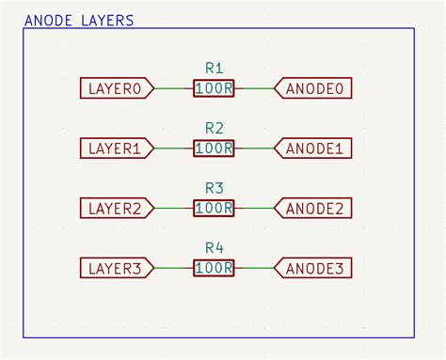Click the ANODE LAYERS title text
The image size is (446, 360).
pyautogui.click(x=79, y=20)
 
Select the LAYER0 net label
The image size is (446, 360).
pyautogui.click(x=115, y=88)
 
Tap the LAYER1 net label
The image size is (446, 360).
pyautogui.click(x=115, y=149)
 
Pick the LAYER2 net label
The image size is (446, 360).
pyautogui.click(x=115, y=209)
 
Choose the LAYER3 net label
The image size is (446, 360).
pyautogui.click(x=115, y=269)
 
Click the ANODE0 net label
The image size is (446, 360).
pyautogui.click(x=314, y=88)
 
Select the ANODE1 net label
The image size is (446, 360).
pyautogui.click(x=314, y=149)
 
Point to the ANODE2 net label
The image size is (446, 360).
pyautogui.click(x=314, y=209)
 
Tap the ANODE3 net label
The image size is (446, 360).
pyautogui.click(x=314, y=269)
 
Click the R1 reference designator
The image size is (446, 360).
pyautogui.click(x=214, y=68)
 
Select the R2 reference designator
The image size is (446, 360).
pyautogui.click(x=214, y=128)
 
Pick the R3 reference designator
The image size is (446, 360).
pyautogui.click(x=214, y=188)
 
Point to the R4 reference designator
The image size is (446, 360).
pyautogui.click(x=214, y=248)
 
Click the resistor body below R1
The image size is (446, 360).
pyautogui.click(x=214, y=88)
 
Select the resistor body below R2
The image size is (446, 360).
pyautogui.click(x=214, y=149)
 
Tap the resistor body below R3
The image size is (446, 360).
pyautogui.click(x=214, y=209)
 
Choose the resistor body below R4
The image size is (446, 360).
pyautogui.click(x=214, y=269)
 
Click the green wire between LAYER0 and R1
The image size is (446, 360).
pyautogui.click(x=171, y=88)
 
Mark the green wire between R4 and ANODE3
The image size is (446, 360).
pyautogui.click(x=255, y=269)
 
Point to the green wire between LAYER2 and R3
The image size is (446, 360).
pyautogui.click(x=171, y=209)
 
